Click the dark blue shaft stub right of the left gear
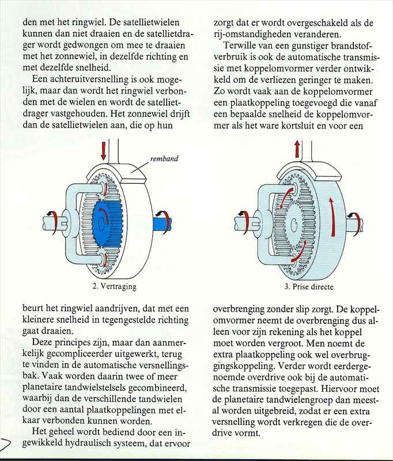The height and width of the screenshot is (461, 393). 161,220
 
